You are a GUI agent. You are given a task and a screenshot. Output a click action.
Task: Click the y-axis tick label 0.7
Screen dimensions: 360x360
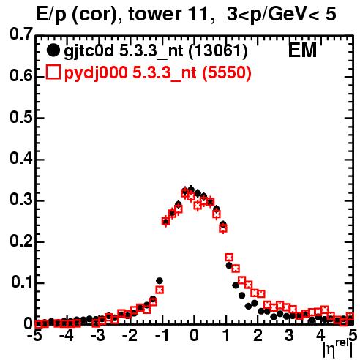tap(21, 34)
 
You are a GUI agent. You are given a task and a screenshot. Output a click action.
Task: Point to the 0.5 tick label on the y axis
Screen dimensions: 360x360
tap(21, 118)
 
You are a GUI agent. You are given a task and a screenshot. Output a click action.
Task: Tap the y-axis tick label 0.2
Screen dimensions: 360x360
tap(21, 241)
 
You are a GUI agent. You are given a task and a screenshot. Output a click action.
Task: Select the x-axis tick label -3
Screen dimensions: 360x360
tap(98, 336)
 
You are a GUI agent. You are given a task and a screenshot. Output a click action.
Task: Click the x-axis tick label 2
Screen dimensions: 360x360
tap(258, 336)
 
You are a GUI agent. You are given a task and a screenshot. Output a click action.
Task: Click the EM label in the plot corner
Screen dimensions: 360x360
tap(302, 50)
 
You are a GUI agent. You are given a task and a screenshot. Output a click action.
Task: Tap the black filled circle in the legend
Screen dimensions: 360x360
tap(53, 50)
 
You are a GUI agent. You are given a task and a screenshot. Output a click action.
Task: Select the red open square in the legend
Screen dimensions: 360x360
tap(53, 72)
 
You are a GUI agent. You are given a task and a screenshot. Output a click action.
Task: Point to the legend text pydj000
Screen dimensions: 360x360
tap(96, 73)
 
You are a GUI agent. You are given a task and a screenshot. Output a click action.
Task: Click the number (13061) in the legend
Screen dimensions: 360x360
tap(218, 51)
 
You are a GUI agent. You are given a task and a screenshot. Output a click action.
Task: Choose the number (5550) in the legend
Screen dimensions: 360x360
tap(227, 72)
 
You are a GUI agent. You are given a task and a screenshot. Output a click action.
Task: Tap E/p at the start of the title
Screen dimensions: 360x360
tap(51, 15)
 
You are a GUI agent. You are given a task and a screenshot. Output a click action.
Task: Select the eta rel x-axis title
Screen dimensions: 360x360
tap(338, 348)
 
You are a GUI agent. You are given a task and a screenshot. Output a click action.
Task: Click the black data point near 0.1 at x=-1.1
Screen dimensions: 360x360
tap(160, 281)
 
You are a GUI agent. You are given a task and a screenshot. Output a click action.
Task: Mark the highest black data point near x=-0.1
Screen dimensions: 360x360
tap(191, 189)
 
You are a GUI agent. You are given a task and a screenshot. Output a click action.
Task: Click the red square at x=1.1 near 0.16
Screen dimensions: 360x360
tap(229, 257)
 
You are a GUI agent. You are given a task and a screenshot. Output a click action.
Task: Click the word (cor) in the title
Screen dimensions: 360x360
tap(97, 15)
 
